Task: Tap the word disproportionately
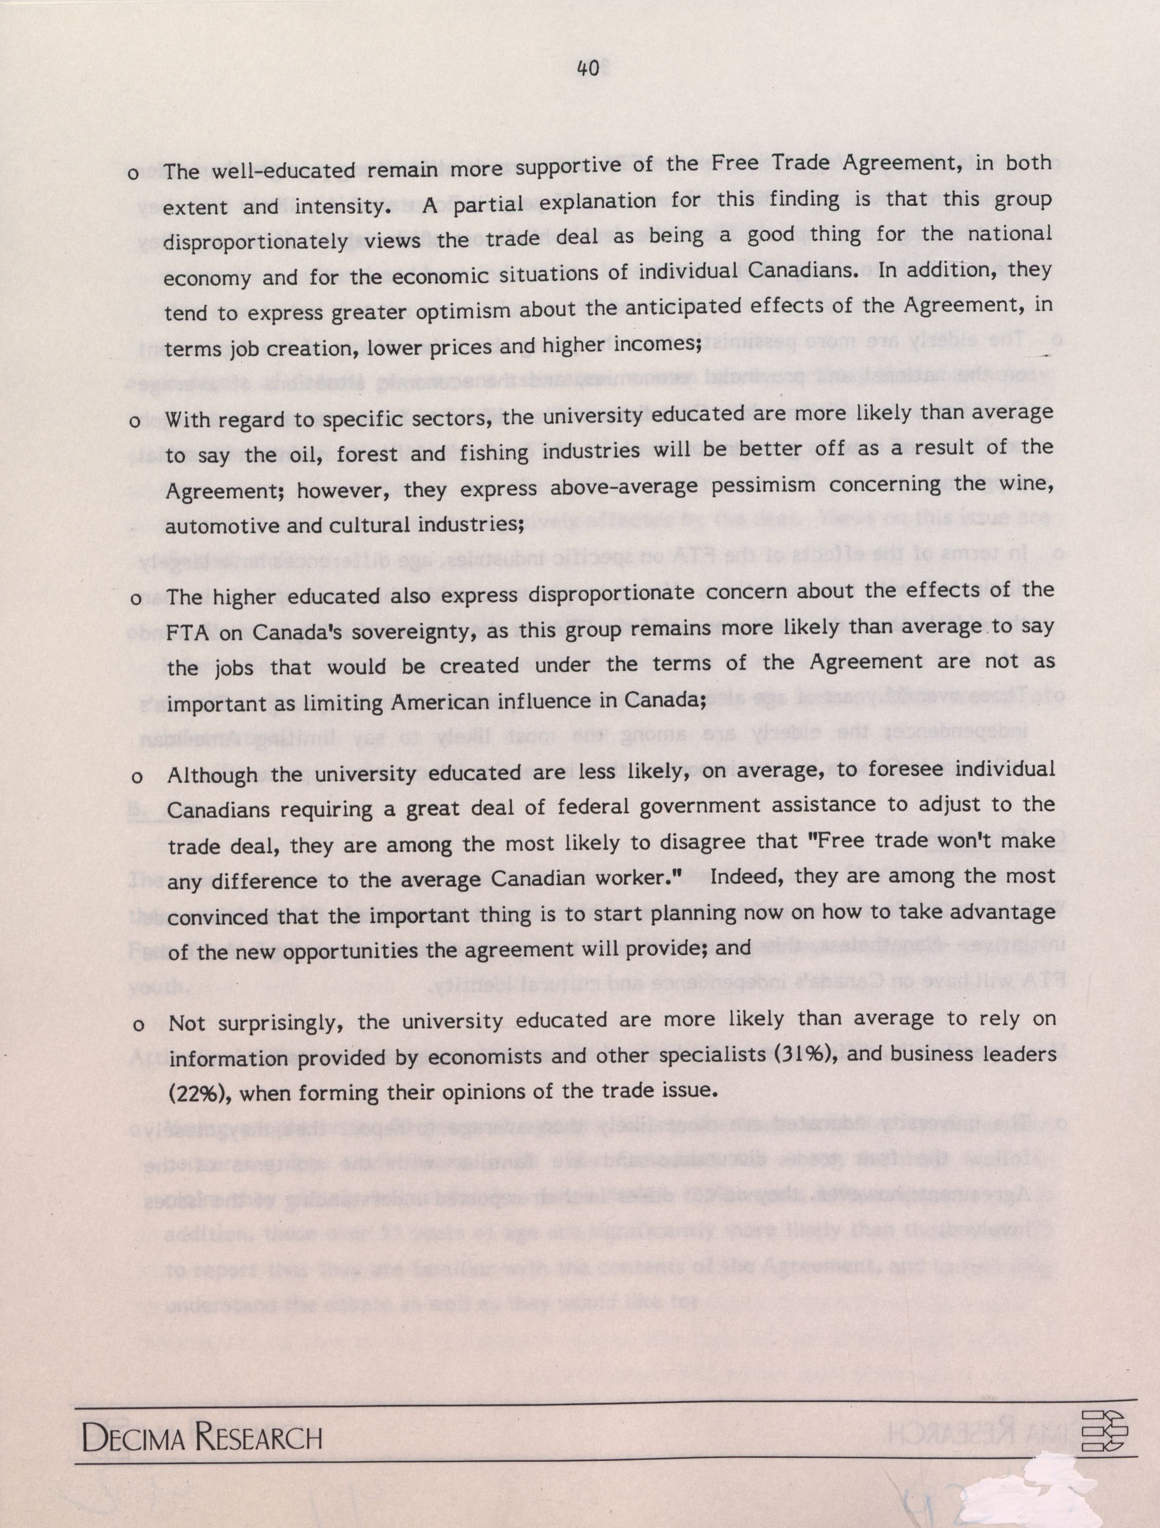click(255, 242)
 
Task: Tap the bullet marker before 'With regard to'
click(135, 421)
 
